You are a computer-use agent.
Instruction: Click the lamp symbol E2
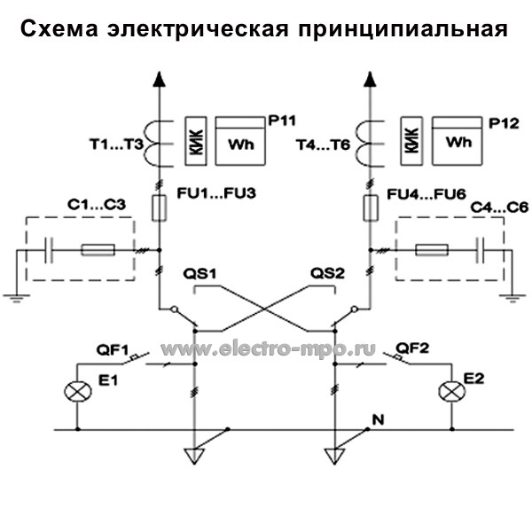[454, 389]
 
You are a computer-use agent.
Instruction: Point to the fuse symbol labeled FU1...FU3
[160, 209]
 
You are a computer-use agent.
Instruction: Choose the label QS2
[326, 272]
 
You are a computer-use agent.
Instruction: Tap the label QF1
[113, 348]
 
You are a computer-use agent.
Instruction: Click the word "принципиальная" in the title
[403, 28]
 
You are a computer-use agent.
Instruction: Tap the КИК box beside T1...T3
[197, 140]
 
